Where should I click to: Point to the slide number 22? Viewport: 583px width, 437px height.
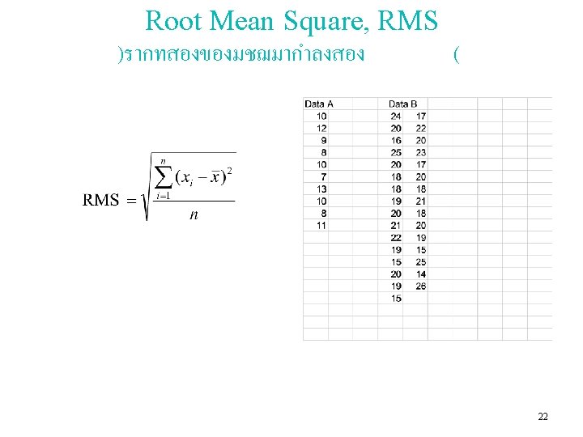(x=543, y=416)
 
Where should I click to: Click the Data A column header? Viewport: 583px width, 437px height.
(x=319, y=104)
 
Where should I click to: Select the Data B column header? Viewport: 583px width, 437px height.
(x=403, y=104)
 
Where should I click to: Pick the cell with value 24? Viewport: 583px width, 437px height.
(x=395, y=116)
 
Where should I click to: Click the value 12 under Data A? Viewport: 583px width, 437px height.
(x=321, y=128)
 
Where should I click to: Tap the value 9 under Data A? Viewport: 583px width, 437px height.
(x=324, y=140)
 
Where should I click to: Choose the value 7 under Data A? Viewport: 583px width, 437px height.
(x=324, y=176)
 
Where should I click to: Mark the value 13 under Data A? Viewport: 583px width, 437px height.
(x=321, y=189)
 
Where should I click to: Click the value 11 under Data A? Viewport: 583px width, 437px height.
(x=321, y=225)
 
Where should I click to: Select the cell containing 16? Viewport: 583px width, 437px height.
(x=395, y=140)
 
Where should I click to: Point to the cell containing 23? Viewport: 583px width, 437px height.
(x=421, y=152)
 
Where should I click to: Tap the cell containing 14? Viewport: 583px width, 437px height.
(x=421, y=274)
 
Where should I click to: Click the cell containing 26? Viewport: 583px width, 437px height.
(x=421, y=286)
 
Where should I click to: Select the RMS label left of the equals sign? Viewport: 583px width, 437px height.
(x=101, y=200)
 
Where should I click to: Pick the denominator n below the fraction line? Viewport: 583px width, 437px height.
(x=194, y=215)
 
